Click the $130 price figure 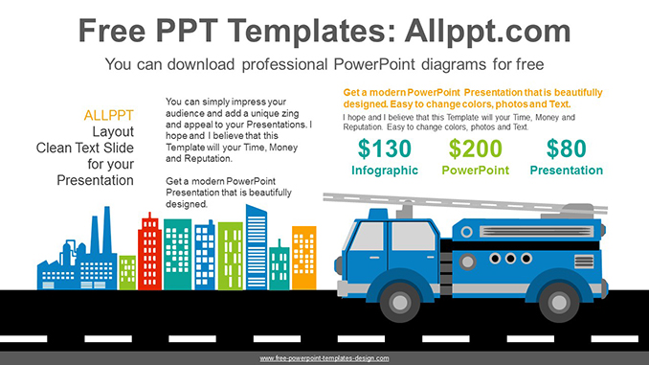point(384,148)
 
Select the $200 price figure point(475,148)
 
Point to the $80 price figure point(566,148)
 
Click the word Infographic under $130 point(384,171)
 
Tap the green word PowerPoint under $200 point(475,171)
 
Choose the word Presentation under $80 point(566,171)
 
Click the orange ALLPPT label point(109,115)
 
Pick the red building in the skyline point(149,253)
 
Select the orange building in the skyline point(303,256)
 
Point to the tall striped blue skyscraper point(257,246)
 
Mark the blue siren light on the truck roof point(379,213)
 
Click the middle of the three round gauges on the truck point(509,258)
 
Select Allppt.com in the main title point(475,31)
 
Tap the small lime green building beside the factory point(127,271)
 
